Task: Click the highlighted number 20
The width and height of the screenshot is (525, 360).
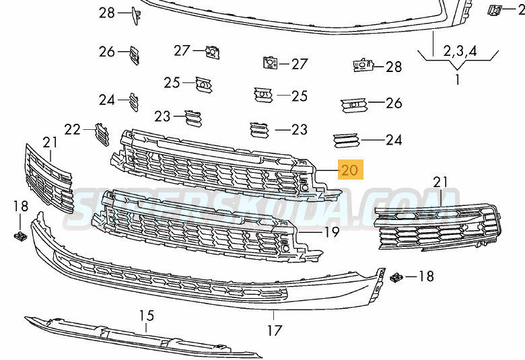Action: click(x=350, y=170)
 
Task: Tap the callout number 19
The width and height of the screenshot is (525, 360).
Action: click(x=331, y=231)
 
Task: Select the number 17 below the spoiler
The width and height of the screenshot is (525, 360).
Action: click(x=274, y=331)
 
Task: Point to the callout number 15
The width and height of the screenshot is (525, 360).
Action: click(x=147, y=316)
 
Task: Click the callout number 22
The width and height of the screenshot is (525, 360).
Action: click(x=73, y=129)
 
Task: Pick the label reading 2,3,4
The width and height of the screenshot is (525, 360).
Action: click(x=460, y=51)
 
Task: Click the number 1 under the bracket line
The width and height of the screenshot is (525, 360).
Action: click(x=458, y=79)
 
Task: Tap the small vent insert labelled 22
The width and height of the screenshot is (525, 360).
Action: click(x=102, y=135)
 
